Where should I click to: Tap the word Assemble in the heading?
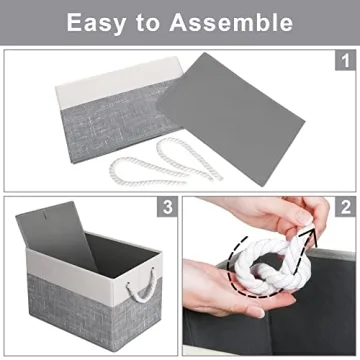[234, 22]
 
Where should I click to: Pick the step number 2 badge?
[346, 208]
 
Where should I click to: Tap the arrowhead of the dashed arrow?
[307, 233]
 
